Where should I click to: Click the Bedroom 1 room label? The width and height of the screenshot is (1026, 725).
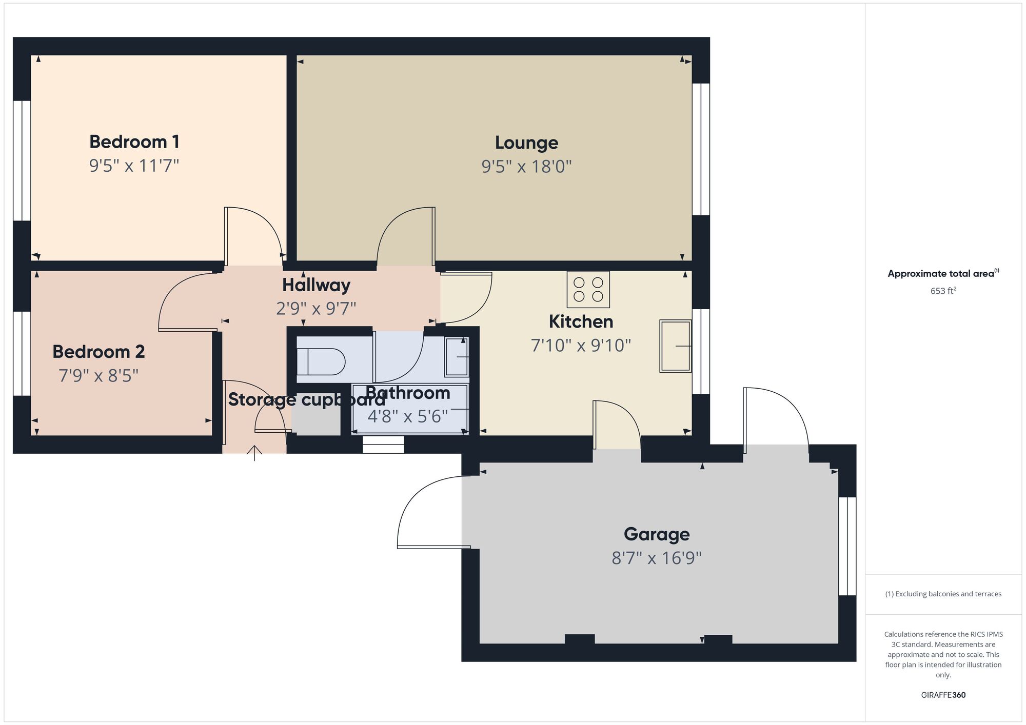tap(134, 142)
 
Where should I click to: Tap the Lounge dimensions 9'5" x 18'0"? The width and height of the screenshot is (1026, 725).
tap(526, 167)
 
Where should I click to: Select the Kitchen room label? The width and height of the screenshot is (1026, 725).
tap(581, 321)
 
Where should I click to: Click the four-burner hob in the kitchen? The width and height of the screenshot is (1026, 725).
tap(588, 289)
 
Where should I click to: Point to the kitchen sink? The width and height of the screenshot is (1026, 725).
tap(676, 346)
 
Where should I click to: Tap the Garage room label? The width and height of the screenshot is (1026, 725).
tap(657, 534)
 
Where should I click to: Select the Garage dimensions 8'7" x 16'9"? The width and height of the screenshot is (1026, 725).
tap(657, 558)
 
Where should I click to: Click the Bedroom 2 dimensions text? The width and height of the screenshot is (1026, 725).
tap(98, 376)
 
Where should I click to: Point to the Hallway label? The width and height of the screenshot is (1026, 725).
tap(316, 285)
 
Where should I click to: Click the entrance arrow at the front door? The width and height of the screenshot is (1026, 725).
tap(254, 453)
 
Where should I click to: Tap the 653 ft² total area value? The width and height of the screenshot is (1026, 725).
tap(943, 291)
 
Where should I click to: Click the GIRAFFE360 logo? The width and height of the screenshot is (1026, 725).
tap(943, 695)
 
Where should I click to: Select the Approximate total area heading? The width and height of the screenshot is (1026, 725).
tap(943, 273)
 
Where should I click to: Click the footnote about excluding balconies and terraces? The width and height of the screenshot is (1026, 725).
tap(943, 594)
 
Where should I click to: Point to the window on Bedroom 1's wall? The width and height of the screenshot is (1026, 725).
tap(22, 160)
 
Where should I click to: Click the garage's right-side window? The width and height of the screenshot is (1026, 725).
tap(847, 546)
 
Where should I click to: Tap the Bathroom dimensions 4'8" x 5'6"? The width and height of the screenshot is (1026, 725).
tap(408, 416)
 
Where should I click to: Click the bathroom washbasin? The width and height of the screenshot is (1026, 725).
tap(457, 357)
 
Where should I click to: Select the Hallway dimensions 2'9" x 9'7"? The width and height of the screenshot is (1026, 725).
tap(316, 308)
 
